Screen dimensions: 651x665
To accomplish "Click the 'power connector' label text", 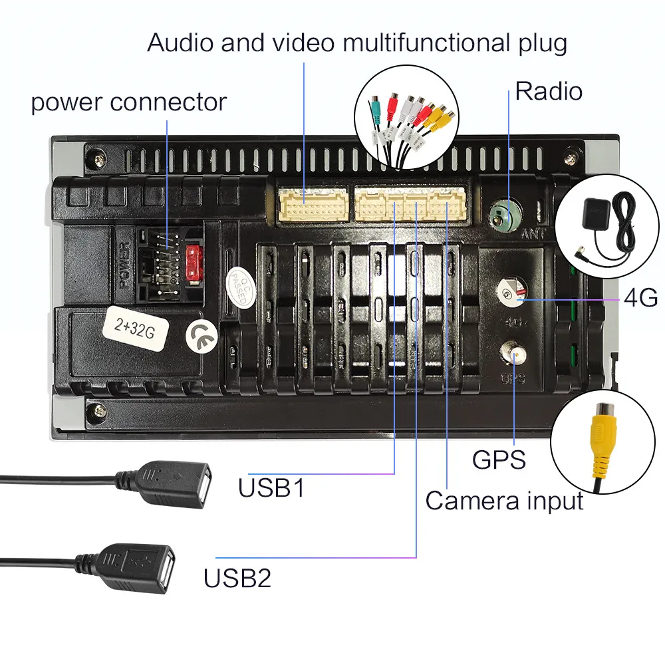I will click(128, 103).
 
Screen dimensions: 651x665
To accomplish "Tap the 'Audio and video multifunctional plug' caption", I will click(357, 43).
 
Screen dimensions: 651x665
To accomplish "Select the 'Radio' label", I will click(549, 91).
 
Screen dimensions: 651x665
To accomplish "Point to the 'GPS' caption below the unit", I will click(499, 459).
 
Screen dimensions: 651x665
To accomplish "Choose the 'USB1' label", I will click(271, 488).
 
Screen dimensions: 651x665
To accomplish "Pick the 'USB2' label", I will click(237, 577).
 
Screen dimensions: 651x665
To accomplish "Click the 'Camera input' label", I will click(504, 501).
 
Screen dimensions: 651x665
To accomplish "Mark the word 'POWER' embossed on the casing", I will click(126, 265).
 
